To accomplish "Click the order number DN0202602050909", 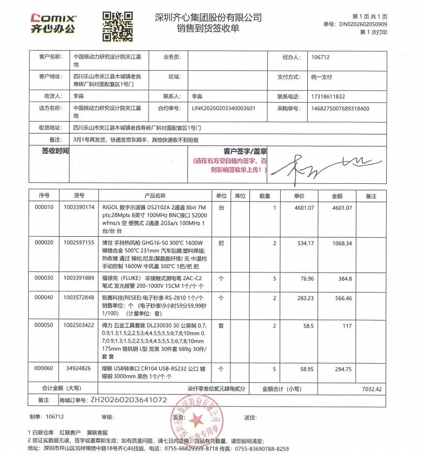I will pos(363,24).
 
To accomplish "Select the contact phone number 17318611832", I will pos(328,96).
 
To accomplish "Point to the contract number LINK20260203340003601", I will pos(223,108).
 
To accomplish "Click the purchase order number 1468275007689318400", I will pos(340,108).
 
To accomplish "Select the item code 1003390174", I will pos(79,208).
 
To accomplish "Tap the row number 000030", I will pos(44,278).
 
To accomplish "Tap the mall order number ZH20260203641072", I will pos(129,400).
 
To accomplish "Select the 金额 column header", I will pos(337,196).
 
